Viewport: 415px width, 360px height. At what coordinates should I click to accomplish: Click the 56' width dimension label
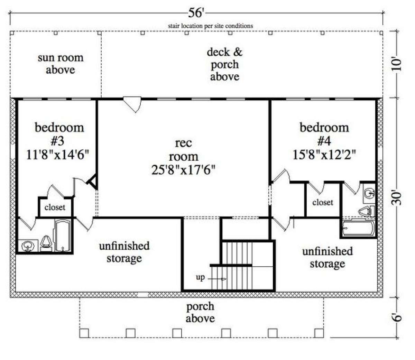(196, 13)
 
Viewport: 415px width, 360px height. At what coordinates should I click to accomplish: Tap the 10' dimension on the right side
(396, 65)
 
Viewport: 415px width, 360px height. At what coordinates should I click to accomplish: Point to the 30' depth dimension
(396, 197)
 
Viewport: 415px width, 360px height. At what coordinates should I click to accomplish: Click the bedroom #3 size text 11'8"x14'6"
(58, 155)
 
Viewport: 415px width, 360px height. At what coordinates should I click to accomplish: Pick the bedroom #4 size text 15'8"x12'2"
(324, 155)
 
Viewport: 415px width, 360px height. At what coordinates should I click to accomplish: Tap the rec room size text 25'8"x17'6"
(183, 170)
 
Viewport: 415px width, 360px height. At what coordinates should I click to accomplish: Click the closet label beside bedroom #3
(55, 207)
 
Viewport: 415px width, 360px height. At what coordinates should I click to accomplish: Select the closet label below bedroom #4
(323, 202)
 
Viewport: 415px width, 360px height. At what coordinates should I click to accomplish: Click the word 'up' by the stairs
(200, 277)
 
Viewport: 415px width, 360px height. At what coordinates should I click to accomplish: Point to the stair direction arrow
(217, 279)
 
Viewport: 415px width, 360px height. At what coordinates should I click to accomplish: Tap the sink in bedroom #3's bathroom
(28, 246)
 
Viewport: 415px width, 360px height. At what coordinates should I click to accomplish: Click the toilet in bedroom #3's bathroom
(46, 243)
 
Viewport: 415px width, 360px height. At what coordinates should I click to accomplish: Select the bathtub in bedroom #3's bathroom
(63, 236)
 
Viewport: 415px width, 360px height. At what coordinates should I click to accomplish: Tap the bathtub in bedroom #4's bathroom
(358, 228)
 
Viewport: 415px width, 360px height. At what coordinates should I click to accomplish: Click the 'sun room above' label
(61, 64)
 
